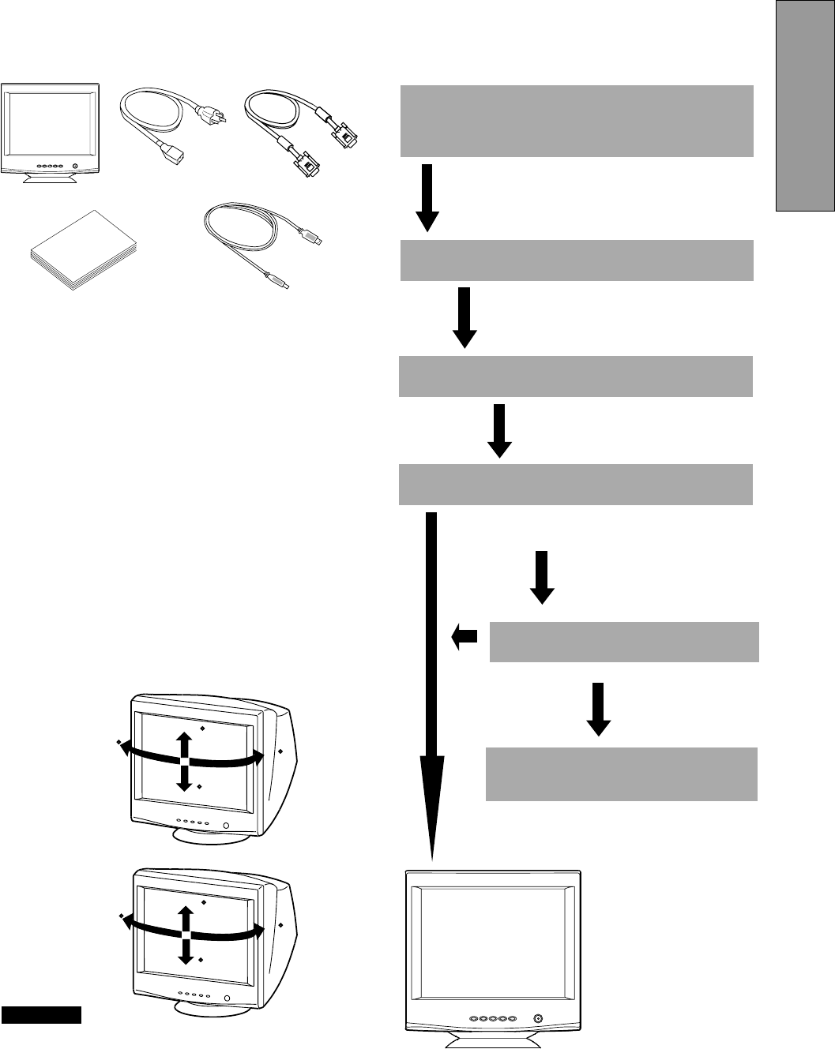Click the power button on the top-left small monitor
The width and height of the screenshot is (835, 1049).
click(x=75, y=167)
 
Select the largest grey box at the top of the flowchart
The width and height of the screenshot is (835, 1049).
click(x=577, y=121)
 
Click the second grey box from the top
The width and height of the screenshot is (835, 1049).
click(x=577, y=260)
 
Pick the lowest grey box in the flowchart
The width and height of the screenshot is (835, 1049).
click(x=622, y=774)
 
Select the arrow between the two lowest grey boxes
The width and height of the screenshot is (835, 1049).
click(x=599, y=708)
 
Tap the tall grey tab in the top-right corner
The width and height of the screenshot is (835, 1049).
click(x=805, y=106)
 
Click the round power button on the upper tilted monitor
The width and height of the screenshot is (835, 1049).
click(x=226, y=826)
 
